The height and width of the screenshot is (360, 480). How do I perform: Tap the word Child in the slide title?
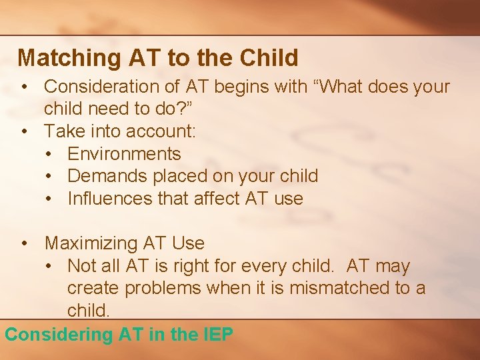[267, 58]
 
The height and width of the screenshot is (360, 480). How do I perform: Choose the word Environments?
[124, 154]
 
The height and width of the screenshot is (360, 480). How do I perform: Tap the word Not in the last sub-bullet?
[82, 266]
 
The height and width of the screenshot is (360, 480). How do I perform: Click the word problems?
[162, 288]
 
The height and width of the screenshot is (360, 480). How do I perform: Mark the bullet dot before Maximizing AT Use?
[25, 243]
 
